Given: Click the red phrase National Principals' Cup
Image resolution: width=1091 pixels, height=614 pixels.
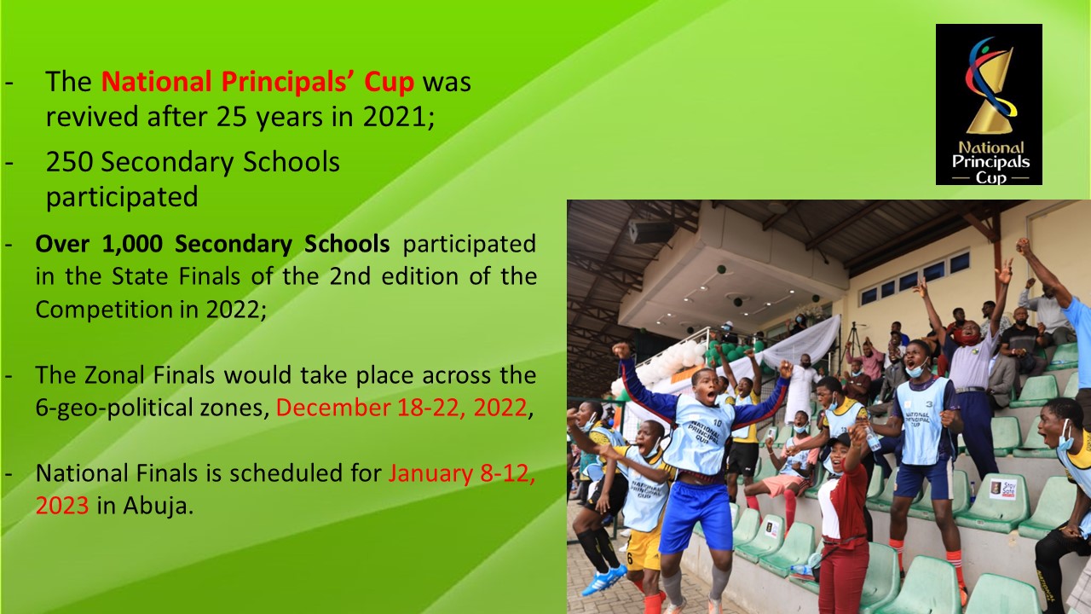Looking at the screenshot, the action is [257, 81].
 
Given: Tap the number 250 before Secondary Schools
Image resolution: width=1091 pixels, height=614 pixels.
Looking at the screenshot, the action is [69, 162].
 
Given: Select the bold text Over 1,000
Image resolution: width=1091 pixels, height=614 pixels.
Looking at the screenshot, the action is [99, 244].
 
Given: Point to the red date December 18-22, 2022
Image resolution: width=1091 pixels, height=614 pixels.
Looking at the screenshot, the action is [401, 408].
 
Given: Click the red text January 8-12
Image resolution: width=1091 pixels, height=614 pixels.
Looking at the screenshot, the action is [462, 473].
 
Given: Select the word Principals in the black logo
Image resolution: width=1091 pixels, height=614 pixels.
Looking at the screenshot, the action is [990, 162].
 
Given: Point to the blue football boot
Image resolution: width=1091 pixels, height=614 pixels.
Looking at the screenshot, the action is [603, 578].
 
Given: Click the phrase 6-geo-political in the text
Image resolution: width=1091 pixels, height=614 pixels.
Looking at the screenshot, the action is [152, 408].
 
